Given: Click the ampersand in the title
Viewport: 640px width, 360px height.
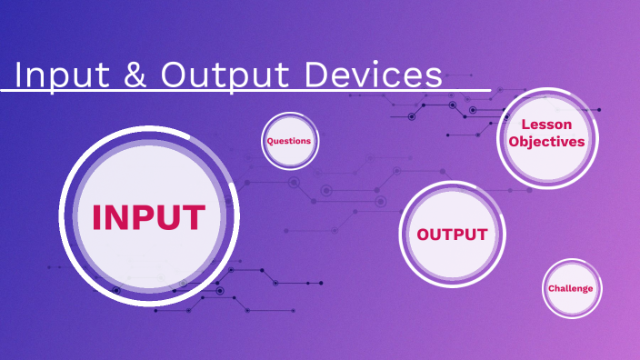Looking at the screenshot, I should click(x=135, y=75).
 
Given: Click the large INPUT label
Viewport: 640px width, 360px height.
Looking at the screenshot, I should click(x=149, y=217).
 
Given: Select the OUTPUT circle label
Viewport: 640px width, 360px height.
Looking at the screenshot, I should click(x=452, y=235).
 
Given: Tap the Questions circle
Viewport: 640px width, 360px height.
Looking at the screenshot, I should click(x=289, y=141).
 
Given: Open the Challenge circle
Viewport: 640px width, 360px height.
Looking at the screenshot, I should click(x=571, y=288).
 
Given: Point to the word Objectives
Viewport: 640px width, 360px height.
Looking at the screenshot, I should click(x=547, y=142).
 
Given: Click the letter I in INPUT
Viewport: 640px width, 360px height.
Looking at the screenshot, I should click(x=96, y=217).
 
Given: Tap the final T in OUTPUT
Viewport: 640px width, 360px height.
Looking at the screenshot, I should click(x=481, y=235).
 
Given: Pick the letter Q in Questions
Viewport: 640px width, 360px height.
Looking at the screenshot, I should click(x=270, y=141).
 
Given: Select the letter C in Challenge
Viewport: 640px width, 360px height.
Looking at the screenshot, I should click(x=551, y=288).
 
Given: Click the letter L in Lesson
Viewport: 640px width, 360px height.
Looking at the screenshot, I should click(x=525, y=125).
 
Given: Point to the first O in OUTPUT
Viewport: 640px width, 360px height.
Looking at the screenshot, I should click(x=424, y=235).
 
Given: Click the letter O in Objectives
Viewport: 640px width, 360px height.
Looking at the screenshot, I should click(x=515, y=142).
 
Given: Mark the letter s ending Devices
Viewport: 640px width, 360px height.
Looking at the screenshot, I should click(x=435, y=76).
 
